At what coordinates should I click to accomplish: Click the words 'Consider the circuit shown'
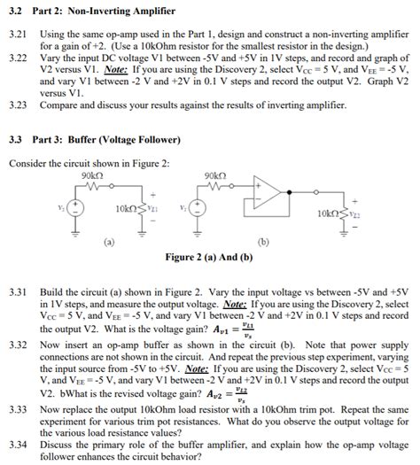57,162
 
